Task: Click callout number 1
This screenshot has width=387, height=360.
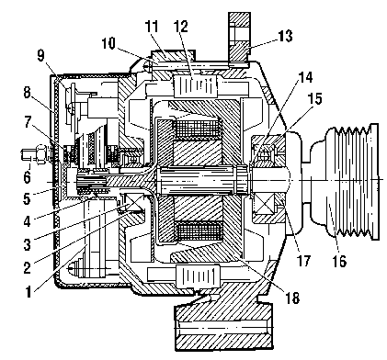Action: [x=28, y=290]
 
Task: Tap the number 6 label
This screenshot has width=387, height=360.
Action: [x=27, y=177]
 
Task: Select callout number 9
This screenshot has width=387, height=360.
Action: [x=41, y=56]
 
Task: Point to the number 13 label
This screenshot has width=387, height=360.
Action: [x=285, y=36]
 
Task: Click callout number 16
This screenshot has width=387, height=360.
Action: [x=339, y=261]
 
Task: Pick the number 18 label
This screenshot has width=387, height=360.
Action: [x=292, y=298]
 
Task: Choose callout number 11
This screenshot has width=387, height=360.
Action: [x=152, y=27]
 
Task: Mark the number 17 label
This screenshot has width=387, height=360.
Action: [x=303, y=261]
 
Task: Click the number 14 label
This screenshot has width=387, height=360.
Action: [x=305, y=77]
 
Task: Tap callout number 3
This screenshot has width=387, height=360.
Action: [x=28, y=244]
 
